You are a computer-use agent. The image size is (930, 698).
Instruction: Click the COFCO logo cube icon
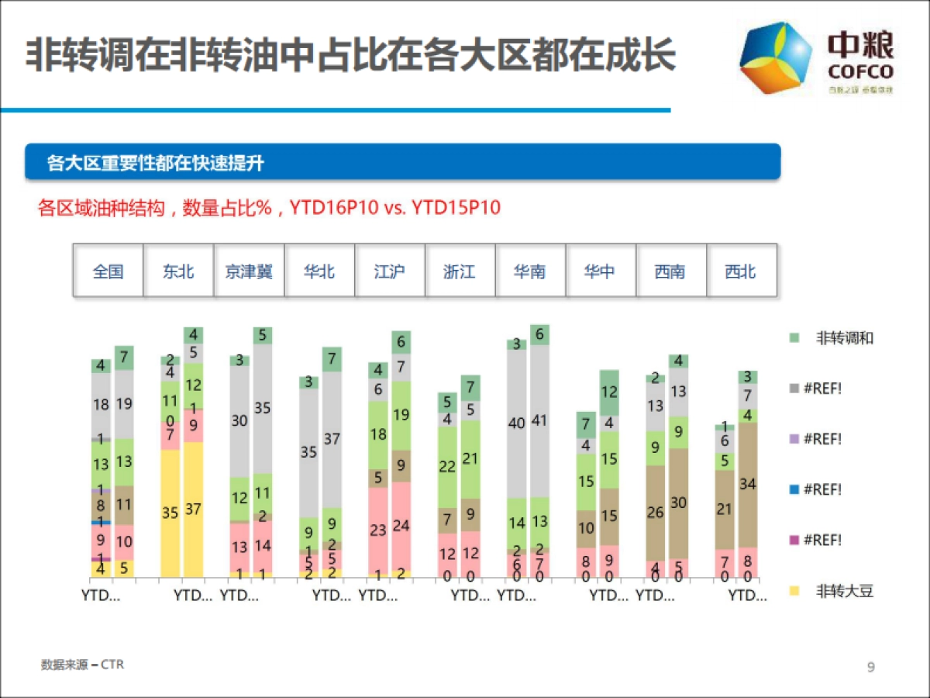coord(776,57)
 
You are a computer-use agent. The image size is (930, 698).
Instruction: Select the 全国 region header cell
coord(108,271)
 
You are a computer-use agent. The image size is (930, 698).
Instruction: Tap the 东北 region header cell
coord(178,271)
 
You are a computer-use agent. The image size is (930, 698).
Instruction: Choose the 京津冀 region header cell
coord(249,271)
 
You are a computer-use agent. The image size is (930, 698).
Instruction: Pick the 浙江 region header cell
coord(460,271)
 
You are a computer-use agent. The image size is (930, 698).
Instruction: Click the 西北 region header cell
coord(740,271)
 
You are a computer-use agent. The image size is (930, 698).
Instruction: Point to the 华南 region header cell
coord(530,271)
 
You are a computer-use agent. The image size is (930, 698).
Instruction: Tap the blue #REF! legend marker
coord(794,490)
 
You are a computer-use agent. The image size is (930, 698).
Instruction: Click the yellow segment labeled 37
coord(193,510)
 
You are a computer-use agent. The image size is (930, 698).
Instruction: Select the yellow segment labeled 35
coord(170,513)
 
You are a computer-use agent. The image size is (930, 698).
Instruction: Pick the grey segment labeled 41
coord(539,421)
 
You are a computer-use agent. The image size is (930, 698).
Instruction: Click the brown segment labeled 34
coord(748,485)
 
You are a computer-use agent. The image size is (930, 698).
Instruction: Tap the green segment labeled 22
coord(448,467)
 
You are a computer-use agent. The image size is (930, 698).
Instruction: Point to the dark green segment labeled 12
coord(609,392)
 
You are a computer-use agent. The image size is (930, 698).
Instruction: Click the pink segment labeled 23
coord(378,530)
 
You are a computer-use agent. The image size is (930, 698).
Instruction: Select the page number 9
coord(871,667)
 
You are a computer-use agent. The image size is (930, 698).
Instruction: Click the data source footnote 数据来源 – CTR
coord(82,665)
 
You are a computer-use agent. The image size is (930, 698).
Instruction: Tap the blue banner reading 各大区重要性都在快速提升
coord(402,162)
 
